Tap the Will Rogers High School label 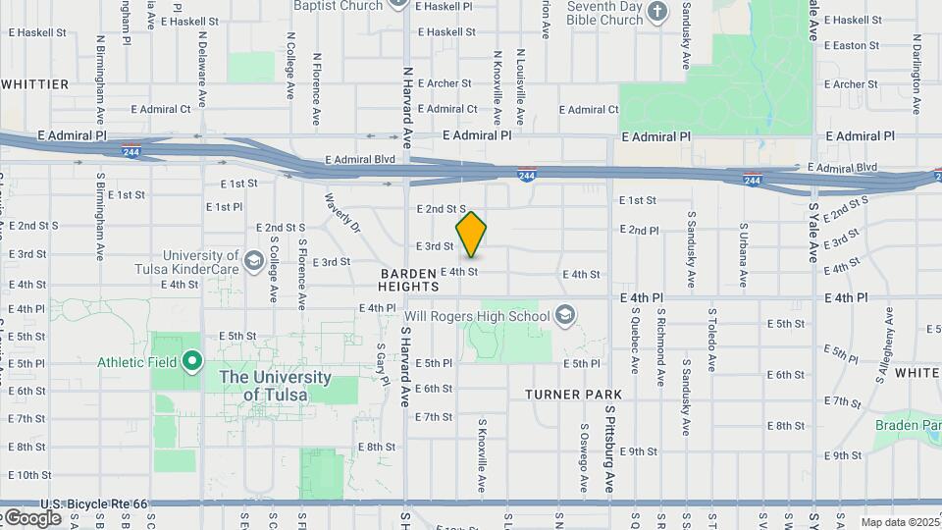(477, 316)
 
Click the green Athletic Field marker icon (193, 362)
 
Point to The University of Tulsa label (276, 386)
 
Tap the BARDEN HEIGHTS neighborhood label (408, 279)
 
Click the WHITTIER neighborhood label (35, 84)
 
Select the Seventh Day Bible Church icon (659, 12)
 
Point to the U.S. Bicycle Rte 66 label (80, 503)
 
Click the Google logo (31, 517)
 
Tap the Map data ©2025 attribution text (901, 522)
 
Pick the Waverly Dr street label (343, 213)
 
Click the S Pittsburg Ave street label (609, 450)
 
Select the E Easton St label (852, 45)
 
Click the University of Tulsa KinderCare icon (254, 259)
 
